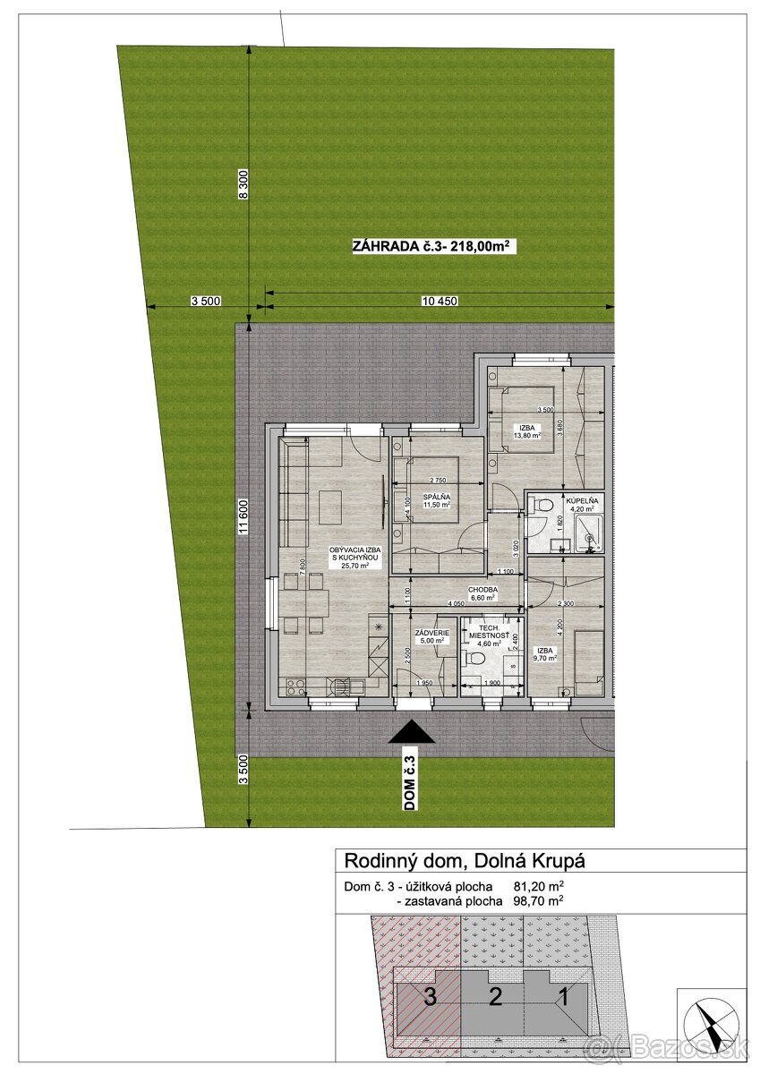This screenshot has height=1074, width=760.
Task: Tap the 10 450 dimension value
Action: [x=440, y=302]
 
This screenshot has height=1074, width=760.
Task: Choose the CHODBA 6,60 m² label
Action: [x=489, y=594]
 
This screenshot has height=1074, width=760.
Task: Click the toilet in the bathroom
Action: [x=542, y=507]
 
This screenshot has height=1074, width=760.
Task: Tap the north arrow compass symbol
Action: [x=711, y=1022]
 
